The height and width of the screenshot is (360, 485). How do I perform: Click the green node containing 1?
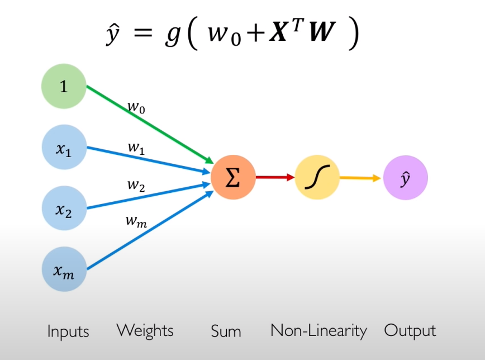tap(64, 86)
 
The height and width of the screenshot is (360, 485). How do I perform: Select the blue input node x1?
tap(64, 148)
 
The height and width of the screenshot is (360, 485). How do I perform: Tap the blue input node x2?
tap(64, 209)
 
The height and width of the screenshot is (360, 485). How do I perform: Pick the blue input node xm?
tap(64, 270)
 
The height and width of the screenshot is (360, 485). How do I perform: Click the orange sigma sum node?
tap(233, 178)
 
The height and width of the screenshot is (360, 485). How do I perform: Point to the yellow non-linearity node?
tap(317, 178)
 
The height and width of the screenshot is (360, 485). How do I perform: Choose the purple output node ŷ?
tap(405, 178)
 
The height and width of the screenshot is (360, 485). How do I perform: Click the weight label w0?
tap(136, 106)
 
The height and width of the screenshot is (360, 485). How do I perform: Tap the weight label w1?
tap(136, 148)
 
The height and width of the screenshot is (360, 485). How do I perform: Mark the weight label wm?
tap(136, 221)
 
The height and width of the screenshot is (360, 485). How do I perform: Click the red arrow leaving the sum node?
tap(274, 178)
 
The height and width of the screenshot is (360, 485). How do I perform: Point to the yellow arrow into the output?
tap(360, 178)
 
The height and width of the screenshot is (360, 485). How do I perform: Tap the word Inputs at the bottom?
tap(68, 331)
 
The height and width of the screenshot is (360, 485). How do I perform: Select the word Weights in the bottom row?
tap(145, 330)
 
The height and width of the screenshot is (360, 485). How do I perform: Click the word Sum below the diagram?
tap(226, 331)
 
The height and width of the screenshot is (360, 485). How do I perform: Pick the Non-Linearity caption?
tap(318, 330)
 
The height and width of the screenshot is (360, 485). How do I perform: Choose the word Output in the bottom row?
tap(410, 330)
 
